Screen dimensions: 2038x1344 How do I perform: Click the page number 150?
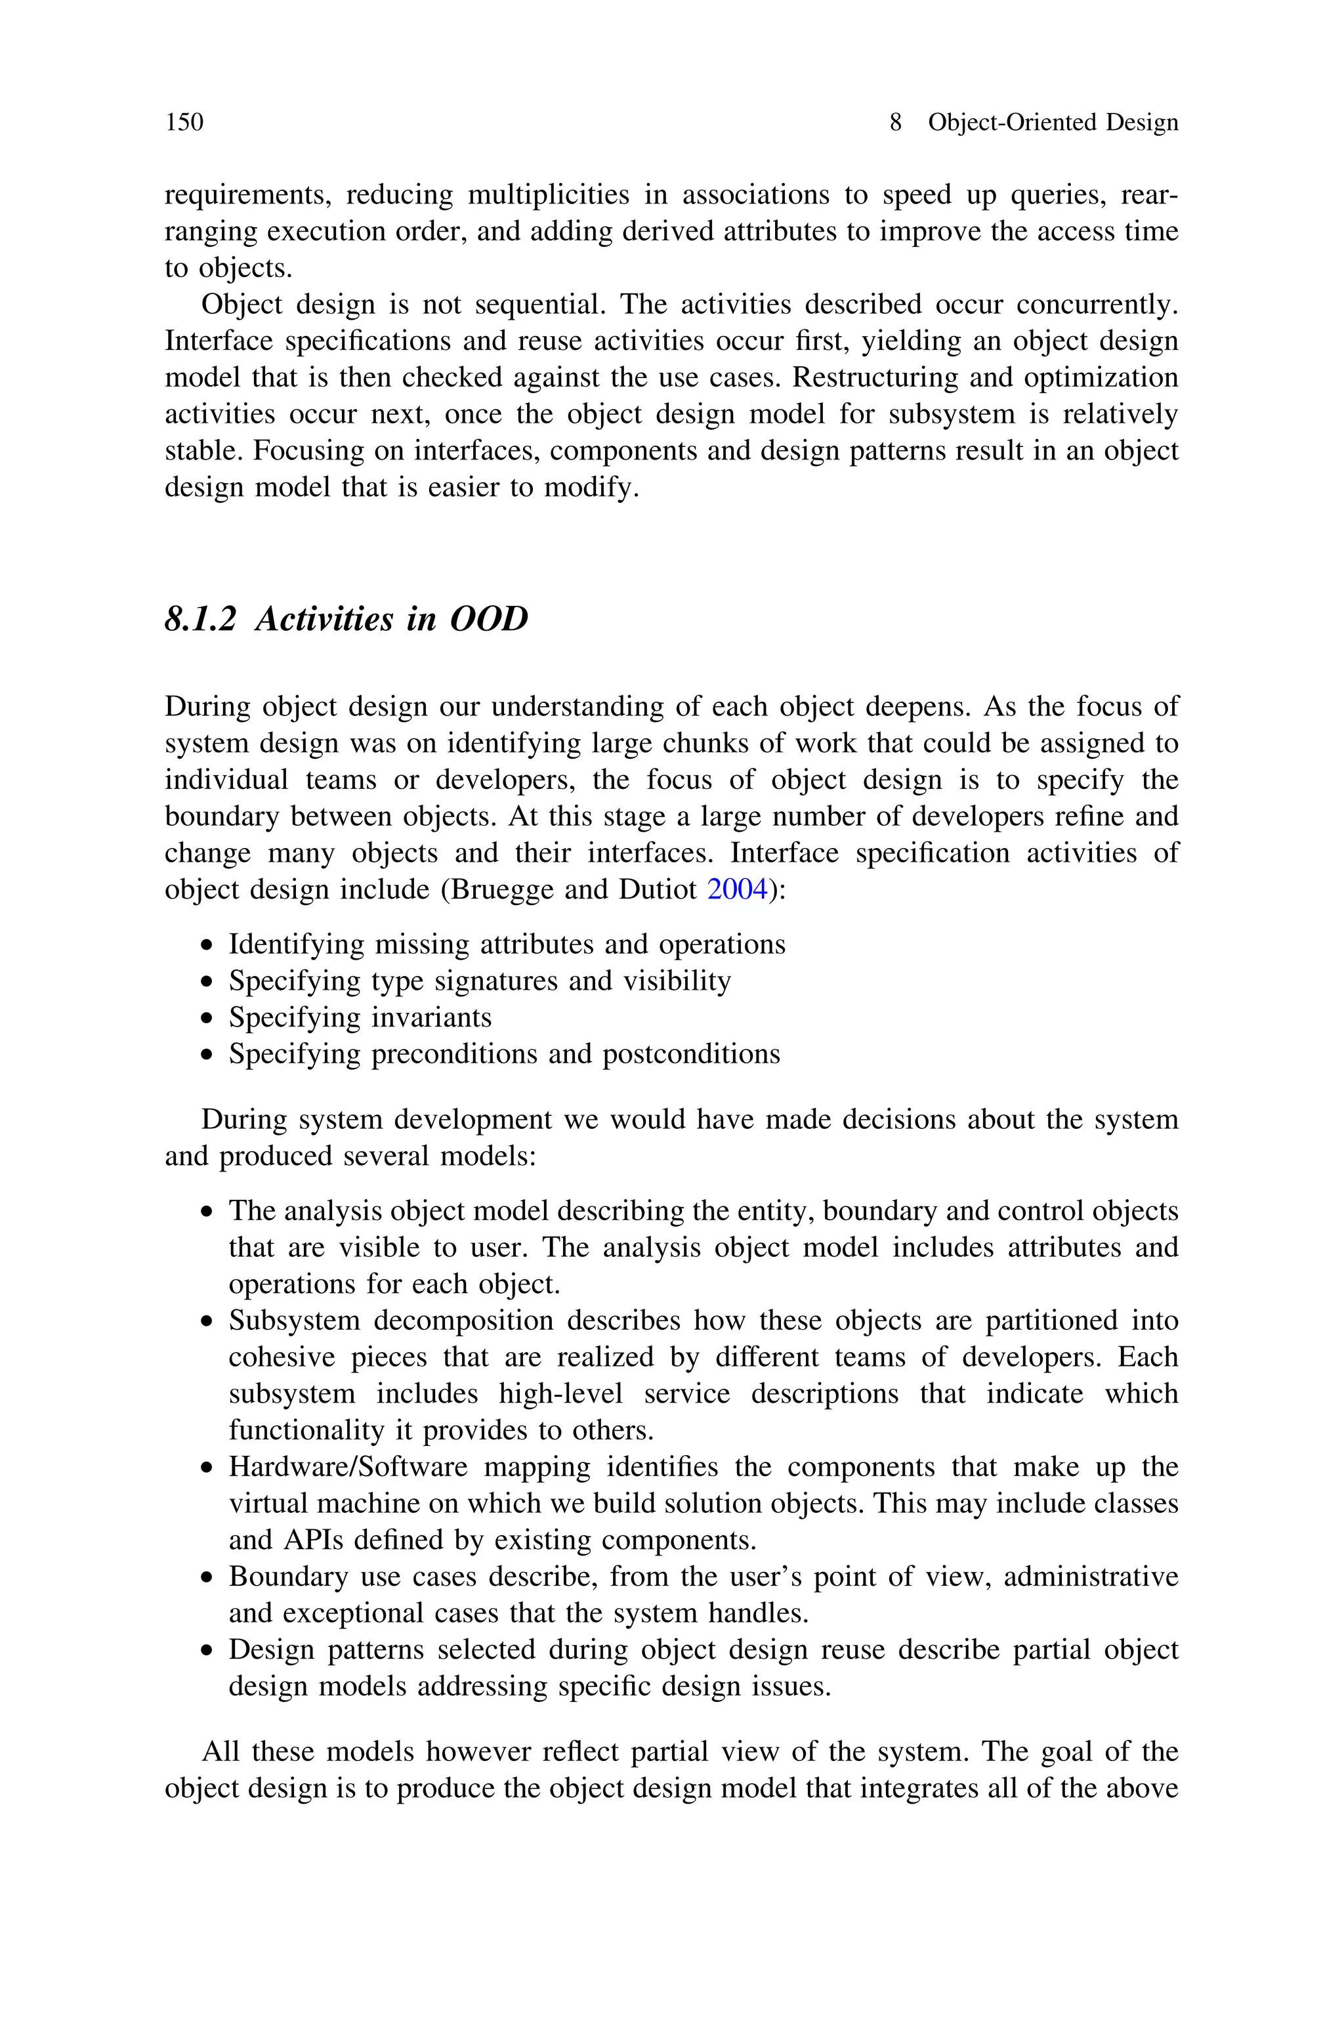pos(184,123)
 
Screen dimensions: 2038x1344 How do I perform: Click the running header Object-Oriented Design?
pos(1053,123)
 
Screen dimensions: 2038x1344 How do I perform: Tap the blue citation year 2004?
pos(736,889)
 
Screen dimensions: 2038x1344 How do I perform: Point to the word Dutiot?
pos(661,889)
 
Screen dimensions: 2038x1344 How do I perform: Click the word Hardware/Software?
pos(348,1466)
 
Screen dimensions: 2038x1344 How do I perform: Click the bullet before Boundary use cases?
pos(205,1579)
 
